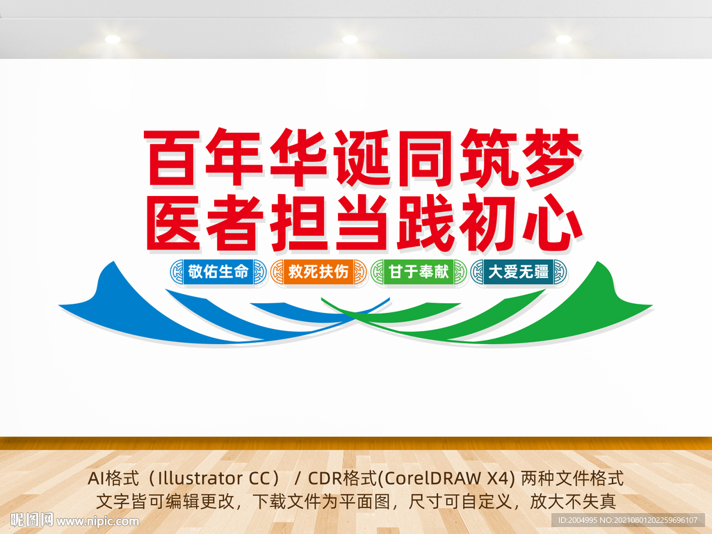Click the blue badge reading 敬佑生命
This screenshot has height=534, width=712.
tap(218, 272)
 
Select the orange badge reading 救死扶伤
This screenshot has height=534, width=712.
tap(318, 272)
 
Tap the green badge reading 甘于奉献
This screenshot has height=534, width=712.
tap(419, 272)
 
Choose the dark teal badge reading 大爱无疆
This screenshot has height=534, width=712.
tap(519, 272)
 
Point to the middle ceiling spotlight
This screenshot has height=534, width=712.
tap(350, 39)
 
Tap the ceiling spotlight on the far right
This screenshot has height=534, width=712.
tap(563, 39)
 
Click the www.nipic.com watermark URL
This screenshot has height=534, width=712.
tap(97, 521)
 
